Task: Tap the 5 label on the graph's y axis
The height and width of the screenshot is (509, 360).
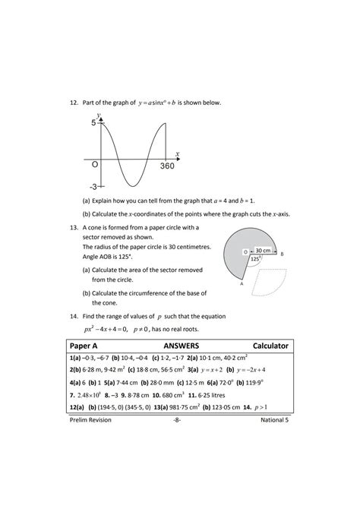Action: pos(94,122)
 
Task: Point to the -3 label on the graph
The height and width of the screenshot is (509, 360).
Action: pos(93,186)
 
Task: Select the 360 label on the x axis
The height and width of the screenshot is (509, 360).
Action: pos(168,166)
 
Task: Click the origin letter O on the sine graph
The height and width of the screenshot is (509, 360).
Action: pos(95,164)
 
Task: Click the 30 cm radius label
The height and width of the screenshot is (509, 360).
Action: pos(262,250)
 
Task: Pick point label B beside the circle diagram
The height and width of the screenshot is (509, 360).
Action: pos(283,254)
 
